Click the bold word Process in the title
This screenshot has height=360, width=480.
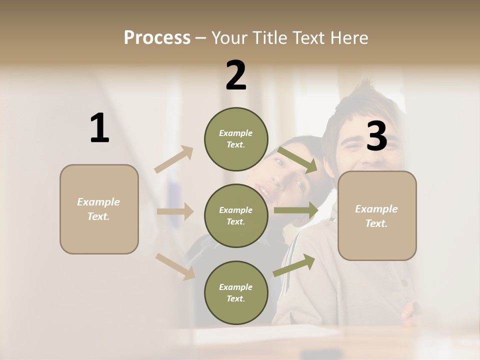157,38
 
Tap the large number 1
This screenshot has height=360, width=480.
99,128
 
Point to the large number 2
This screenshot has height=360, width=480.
236,75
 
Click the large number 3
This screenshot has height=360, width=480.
376,136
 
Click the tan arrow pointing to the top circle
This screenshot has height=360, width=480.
174,159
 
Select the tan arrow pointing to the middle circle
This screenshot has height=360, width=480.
175,211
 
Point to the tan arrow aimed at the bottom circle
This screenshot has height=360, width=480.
175,266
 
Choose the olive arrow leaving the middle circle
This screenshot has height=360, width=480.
296,210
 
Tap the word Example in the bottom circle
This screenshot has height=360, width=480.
235,287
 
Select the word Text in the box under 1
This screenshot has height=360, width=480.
98,216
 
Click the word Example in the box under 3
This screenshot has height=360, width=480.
376,209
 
